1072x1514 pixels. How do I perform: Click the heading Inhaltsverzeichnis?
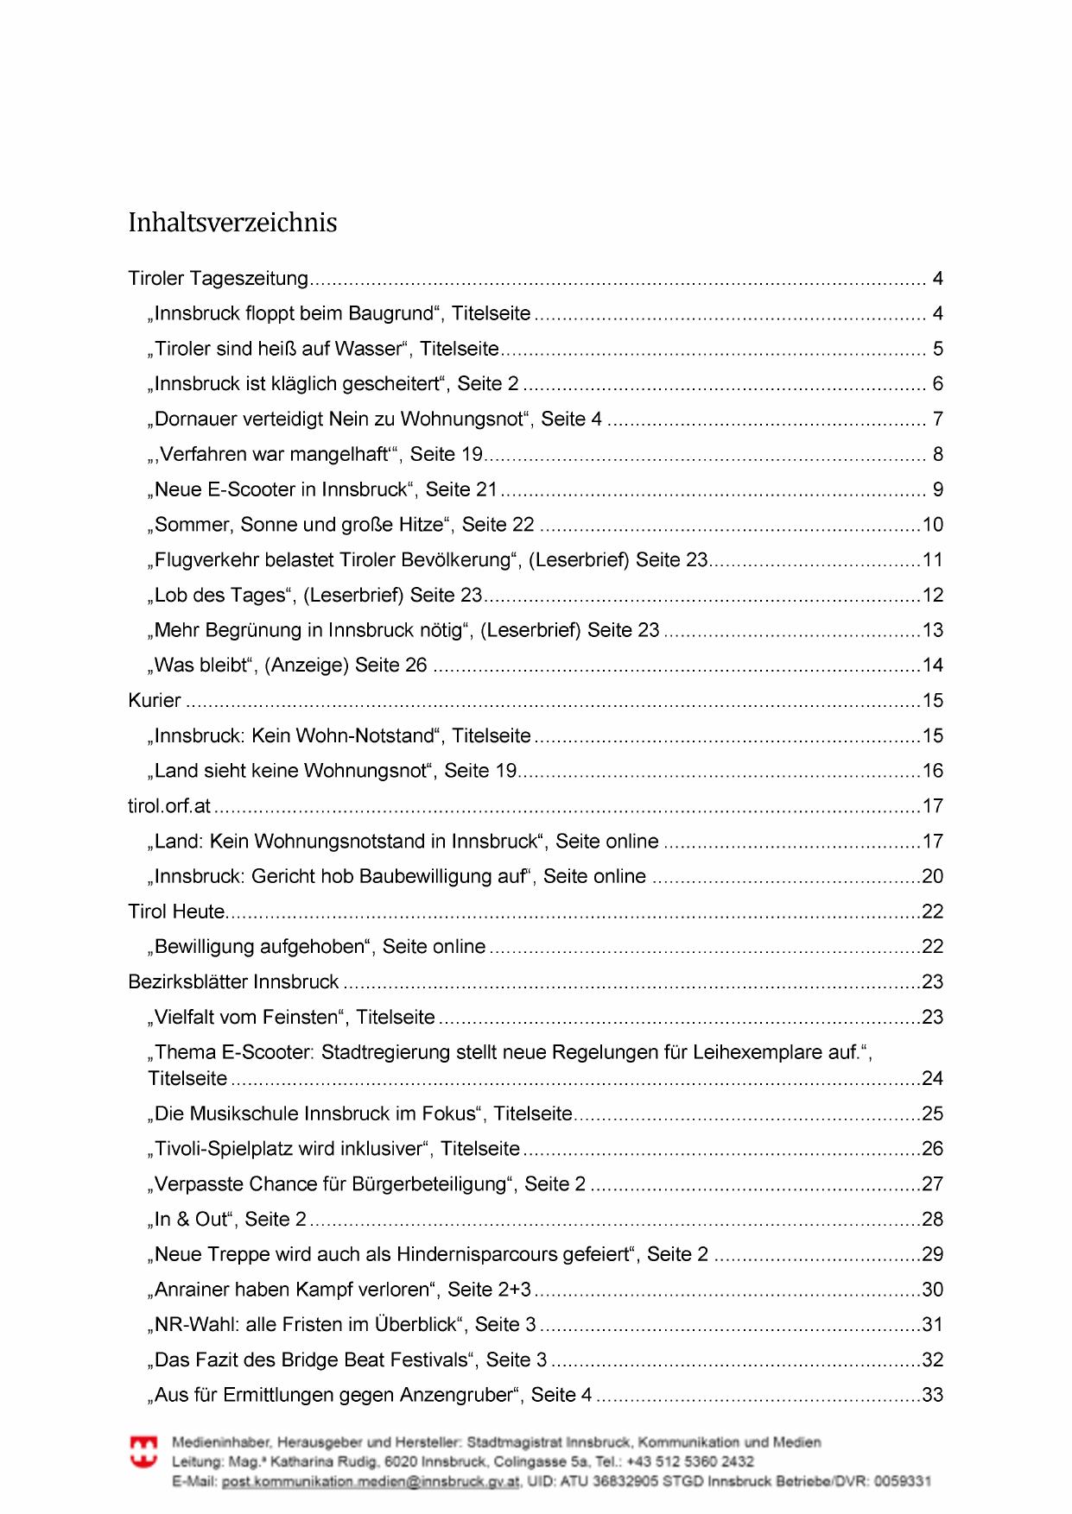coord(232,223)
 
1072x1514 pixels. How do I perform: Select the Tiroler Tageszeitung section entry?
coord(218,279)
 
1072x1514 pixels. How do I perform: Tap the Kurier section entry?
coord(155,701)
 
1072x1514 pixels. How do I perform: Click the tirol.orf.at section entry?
coord(169,806)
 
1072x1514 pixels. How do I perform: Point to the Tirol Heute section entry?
coord(176,912)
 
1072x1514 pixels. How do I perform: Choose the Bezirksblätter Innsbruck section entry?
coord(233,982)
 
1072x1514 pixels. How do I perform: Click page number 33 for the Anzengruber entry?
coord(933,1395)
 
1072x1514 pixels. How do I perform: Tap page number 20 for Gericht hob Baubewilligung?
coord(933,877)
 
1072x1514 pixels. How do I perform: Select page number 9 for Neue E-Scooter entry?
coord(938,490)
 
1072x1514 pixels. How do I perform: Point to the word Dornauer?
coord(195,420)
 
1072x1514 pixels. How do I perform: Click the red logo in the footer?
coord(143,1452)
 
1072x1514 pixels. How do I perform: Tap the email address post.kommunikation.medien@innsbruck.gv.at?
coord(371,1482)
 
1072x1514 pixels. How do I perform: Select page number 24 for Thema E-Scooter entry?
coord(933,1079)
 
